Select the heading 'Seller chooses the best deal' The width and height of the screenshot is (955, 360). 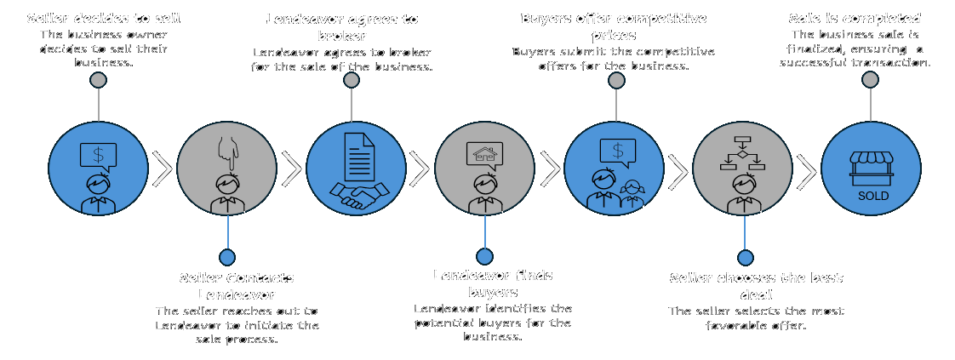tap(756, 286)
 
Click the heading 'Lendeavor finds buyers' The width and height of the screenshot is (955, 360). tap(493, 283)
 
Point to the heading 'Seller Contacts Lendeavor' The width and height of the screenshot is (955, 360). tap(237, 286)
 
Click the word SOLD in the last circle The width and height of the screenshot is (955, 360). tap(872, 196)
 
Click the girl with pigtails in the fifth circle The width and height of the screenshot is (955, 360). tap(632, 193)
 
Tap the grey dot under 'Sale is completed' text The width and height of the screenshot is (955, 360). tap(870, 80)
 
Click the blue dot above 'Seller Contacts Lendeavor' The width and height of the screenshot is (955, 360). tap(227, 257)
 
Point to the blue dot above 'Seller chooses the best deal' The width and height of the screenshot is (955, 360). tap(745, 257)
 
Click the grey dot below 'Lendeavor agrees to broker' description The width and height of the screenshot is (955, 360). tap(352, 80)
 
